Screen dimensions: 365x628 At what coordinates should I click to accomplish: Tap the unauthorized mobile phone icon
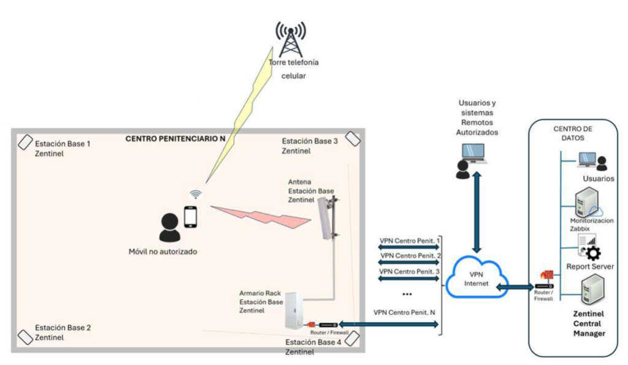click(x=191, y=217)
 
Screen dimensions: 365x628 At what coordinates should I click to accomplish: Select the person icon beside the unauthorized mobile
click(x=169, y=228)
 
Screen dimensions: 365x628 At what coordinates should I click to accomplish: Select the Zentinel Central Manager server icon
click(x=592, y=290)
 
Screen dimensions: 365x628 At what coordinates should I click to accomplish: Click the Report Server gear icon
click(x=593, y=252)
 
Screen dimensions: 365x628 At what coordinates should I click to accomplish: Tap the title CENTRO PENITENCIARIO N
click(x=175, y=139)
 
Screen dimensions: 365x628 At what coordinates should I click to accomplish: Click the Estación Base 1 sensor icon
click(x=25, y=143)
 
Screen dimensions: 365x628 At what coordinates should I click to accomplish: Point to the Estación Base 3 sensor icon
click(x=352, y=138)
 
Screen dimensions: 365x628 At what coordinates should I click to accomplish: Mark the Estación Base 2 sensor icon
click(x=25, y=337)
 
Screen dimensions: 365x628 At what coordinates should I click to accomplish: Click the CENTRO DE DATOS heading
click(x=573, y=132)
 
